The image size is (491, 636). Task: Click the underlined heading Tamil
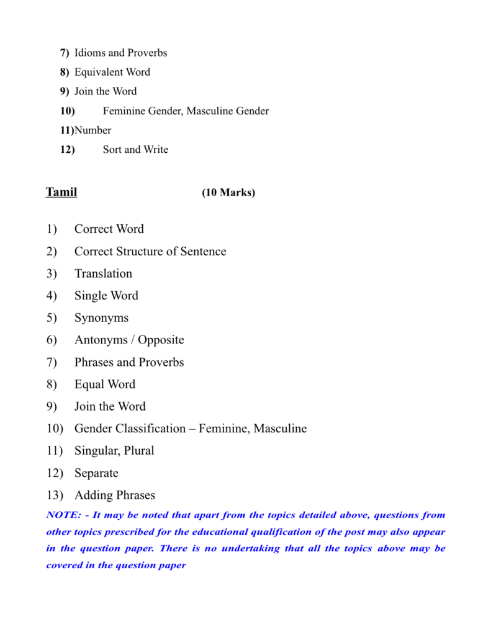click(x=61, y=192)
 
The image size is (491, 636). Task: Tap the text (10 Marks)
click(x=228, y=193)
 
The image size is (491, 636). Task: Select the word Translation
click(x=103, y=273)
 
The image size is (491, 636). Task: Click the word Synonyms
click(x=101, y=318)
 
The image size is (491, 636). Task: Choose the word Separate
click(x=96, y=473)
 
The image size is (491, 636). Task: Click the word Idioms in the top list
click(x=89, y=53)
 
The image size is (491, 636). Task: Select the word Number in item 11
click(x=93, y=130)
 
